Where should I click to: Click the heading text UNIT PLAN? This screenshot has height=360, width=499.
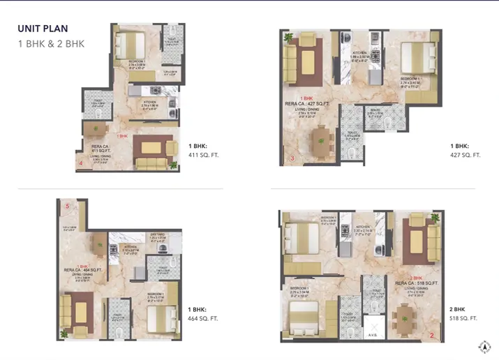click(x=43, y=29)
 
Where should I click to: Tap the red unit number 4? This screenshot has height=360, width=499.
click(x=81, y=163)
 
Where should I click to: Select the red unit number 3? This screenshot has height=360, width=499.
click(x=292, y=159)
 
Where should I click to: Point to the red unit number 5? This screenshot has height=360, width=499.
click(x=68, y=207)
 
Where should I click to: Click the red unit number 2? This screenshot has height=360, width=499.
click(x=432, y=336)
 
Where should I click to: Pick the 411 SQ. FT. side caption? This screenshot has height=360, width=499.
click(x=203, y=150)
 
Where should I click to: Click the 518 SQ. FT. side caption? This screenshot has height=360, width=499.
click(x=463, y=313)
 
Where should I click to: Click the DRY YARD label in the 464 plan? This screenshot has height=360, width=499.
click(x=156, y=235)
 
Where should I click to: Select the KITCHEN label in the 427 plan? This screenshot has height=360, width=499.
click(x=360, y=53)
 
